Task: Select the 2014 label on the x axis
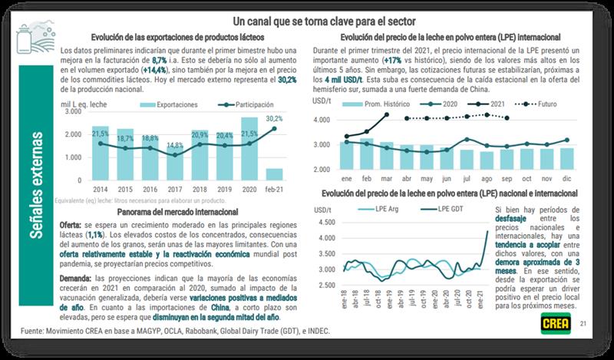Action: click(101, 187)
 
